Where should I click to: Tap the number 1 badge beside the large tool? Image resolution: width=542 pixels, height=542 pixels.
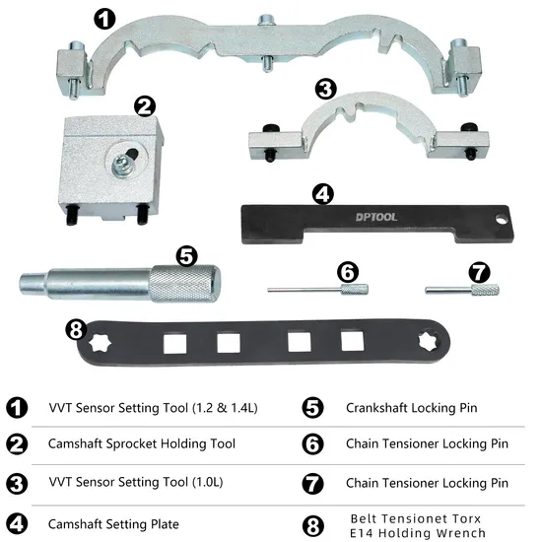(x=104, y=17)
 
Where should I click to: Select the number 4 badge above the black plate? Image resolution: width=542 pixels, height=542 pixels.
(x=320, y=195)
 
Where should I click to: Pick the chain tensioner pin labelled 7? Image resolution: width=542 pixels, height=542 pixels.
(x=462, y=290)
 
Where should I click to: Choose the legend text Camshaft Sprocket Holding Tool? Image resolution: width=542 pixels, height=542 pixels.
(x=141, y=444)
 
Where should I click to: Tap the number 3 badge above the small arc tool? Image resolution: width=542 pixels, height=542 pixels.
(x=325, y=89)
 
